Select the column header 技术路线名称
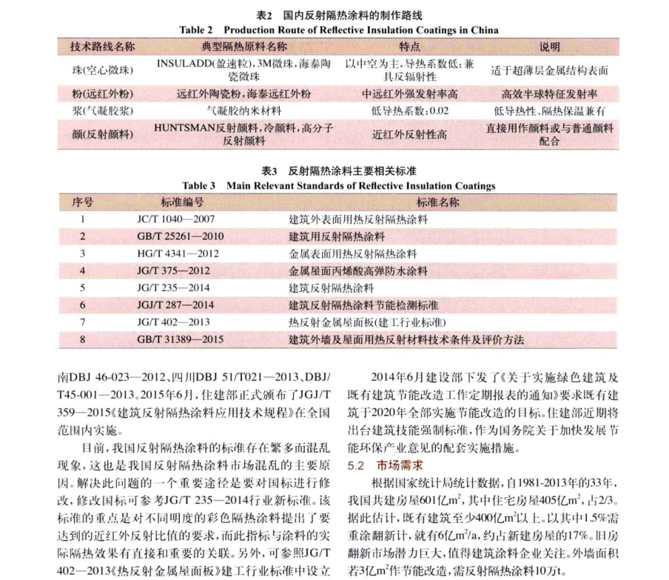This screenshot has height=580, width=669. pos(102,47)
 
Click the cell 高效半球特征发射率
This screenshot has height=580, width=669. pos(549,94)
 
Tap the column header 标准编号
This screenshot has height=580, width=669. pos(182,202)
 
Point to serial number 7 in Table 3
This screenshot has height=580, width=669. pos(84,322)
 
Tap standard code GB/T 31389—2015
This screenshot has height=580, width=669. pos(178,339)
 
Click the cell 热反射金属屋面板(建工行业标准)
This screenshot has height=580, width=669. pos(366,322)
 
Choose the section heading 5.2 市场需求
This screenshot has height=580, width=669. pos(385,465)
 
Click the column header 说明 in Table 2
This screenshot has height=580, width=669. pos(549,47)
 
